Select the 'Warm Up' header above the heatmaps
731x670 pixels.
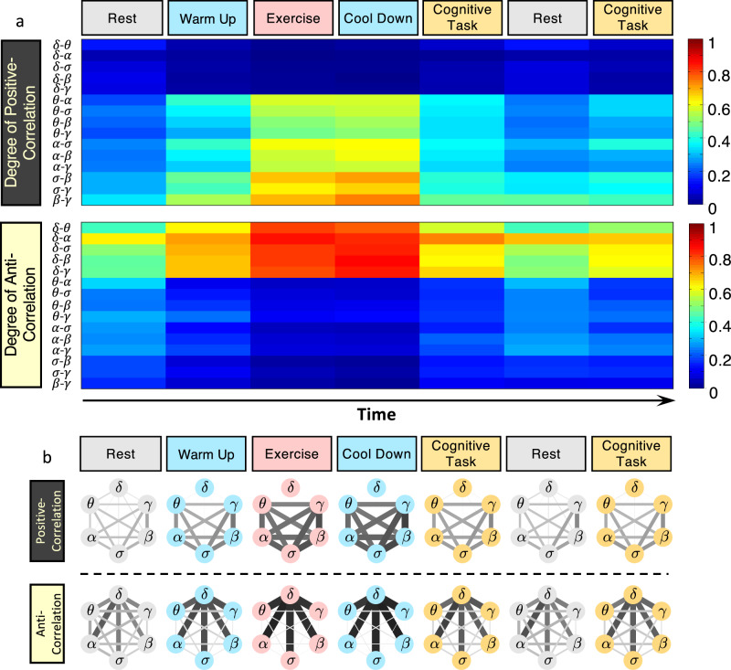coord(207,18)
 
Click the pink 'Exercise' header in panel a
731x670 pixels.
coord(292,18)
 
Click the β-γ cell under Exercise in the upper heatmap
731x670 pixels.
coord(292,199)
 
